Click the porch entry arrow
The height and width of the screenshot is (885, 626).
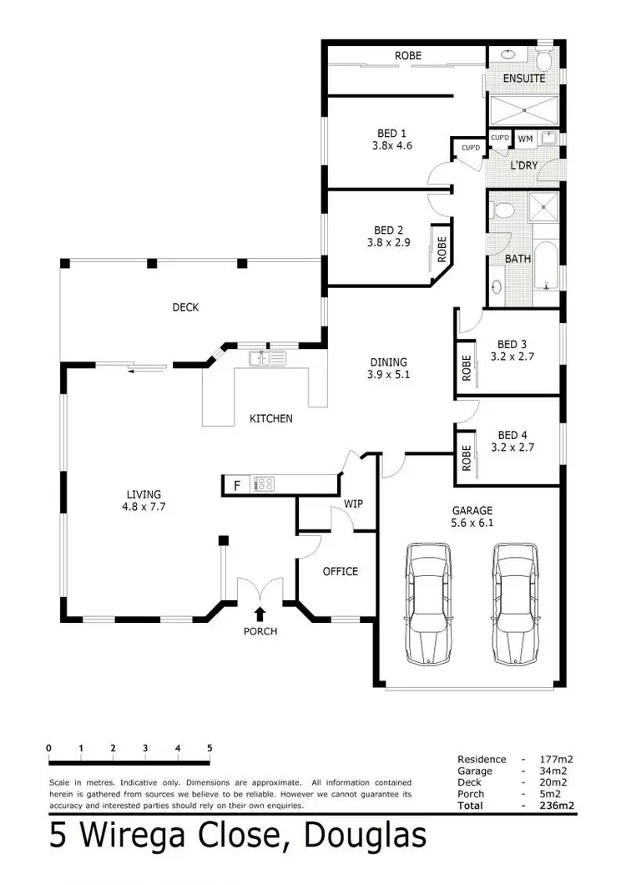point(260,614)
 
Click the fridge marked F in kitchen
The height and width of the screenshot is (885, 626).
point(237,484)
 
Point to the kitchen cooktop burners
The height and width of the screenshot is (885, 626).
point(265,484)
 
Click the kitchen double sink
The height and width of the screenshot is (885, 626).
point(267,359)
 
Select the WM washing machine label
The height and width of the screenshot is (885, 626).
point(525,139)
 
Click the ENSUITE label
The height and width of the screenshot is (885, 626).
point(524,78)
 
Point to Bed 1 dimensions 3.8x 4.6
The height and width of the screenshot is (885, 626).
point(391,145)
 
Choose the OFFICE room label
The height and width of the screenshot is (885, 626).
point(340,571)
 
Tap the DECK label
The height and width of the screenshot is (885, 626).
point(185,307)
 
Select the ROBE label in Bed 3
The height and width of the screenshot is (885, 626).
point(467,369)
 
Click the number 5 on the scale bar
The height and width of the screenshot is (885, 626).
point(210,747)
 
